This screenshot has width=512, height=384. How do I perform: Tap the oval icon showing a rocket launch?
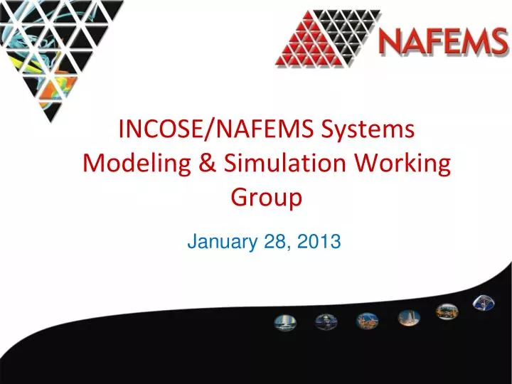click(407, 316)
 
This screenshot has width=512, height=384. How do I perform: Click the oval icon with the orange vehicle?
click(447, 311)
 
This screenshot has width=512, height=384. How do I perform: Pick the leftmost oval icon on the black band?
click(283, 322)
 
